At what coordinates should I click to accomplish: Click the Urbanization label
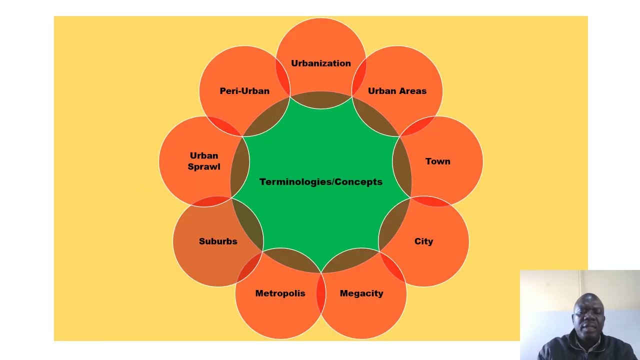coord(321,63)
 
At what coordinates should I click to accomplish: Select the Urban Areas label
coord(397,91)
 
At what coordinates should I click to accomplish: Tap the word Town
coord(437,161)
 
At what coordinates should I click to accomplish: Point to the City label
coord(423,241)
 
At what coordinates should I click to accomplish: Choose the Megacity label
coord(361,293)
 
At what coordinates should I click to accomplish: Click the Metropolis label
coord(280,293)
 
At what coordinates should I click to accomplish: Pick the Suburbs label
coord(218,241)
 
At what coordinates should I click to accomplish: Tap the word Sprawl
coord(204,167)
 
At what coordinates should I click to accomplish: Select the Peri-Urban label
coord(244,91)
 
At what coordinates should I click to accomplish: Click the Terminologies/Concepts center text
coord(321,182)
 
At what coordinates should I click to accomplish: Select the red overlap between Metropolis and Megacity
coord(320,295)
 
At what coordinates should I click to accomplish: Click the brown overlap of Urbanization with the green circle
coord(321,100)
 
